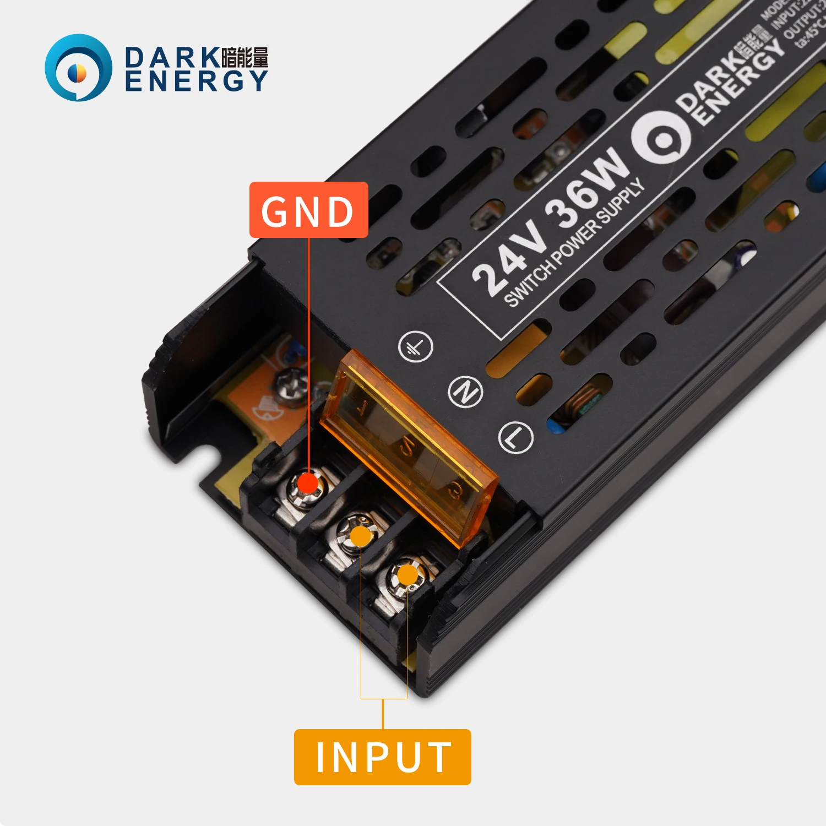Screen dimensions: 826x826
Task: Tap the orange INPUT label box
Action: [383, 757]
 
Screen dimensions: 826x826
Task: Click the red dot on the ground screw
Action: [307, 483]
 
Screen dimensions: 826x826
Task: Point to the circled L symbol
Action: [515, 438]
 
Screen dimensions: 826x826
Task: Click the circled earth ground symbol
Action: [415, 346]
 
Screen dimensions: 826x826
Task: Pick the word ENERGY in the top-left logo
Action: [196, 81]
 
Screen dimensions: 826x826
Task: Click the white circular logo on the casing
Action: [661, 138]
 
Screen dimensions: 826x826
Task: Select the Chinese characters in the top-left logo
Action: [244, 57]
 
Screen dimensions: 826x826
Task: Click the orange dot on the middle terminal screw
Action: [360, 536]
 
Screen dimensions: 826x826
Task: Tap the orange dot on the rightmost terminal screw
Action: [407, 575]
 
